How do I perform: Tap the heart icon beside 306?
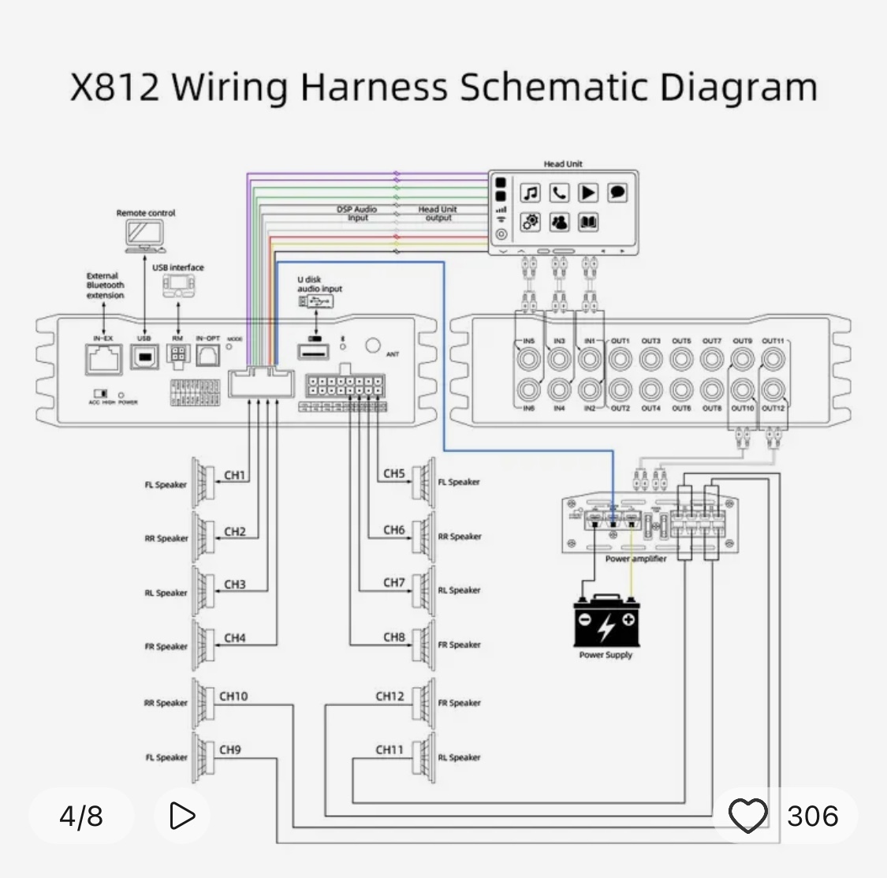click(x=747, y=816)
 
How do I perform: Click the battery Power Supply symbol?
click(x=606, y=621)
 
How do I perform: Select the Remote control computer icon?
click(x=145, y=234)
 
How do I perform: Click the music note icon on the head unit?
click(x=531, y=192)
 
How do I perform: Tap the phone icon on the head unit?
click(x=559, y=192)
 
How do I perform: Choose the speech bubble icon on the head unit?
click(x=617, y=192)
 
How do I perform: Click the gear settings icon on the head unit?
click(x=531, y=222)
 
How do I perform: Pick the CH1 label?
click(x=235, y=476)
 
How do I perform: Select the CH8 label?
click(x=394, y=637)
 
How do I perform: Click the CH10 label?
click(x=233, y=696)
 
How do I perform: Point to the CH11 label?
click(x=389, y=749)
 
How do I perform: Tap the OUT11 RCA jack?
click(x=773, y=360)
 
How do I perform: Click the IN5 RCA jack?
click(x=528, y=360)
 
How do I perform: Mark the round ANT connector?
click(x=373, y=346)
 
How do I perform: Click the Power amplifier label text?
click(x=635, y=559)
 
